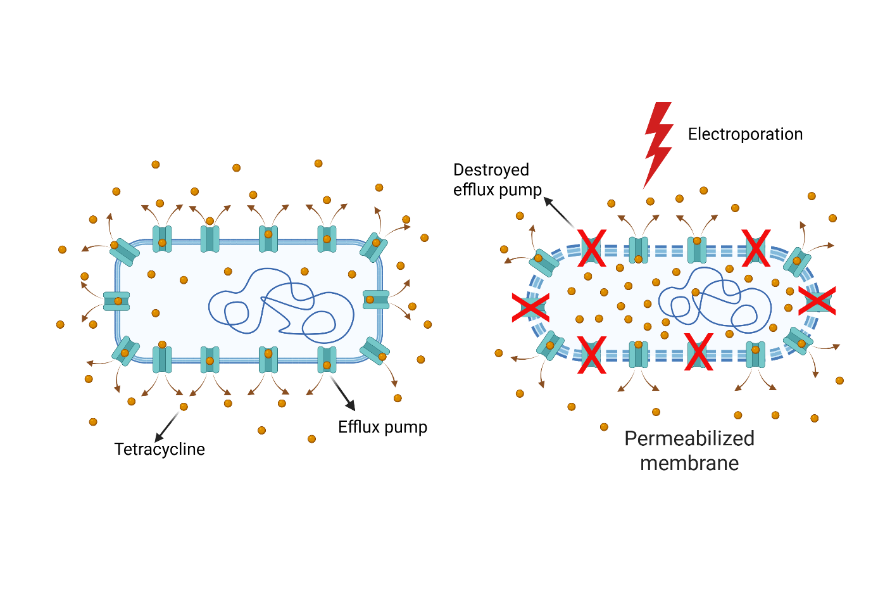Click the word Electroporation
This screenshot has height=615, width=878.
tap(745, 134)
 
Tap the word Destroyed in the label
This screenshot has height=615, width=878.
tap(491, 170)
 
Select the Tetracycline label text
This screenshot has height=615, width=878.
tap(160, 449)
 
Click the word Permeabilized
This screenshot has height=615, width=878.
tap(689, 438)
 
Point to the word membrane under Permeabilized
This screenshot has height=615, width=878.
tap(689, 463)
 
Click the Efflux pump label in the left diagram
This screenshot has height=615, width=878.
tap(382, 427)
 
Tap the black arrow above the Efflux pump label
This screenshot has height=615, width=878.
tap(342, 393)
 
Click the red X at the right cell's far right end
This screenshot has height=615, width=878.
tap(817, 301)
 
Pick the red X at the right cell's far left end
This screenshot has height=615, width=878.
tap(530, 308)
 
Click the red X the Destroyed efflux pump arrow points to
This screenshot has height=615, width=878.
tap(592, 248)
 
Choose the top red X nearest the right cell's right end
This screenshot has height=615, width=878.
tap(756, 248)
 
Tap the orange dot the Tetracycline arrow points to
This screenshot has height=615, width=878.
tap(184, 407)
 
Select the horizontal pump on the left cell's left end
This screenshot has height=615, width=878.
tap(117, 301)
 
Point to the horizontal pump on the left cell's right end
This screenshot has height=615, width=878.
tap(375, 300)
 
